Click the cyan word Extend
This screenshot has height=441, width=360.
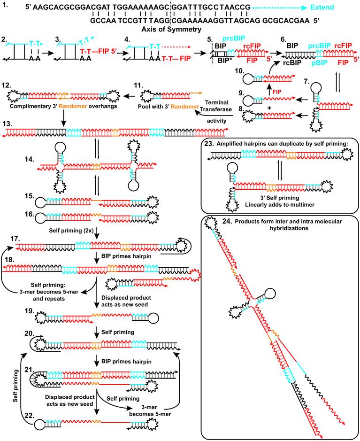pos(338,8)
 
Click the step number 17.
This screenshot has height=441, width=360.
pos(8,240)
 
